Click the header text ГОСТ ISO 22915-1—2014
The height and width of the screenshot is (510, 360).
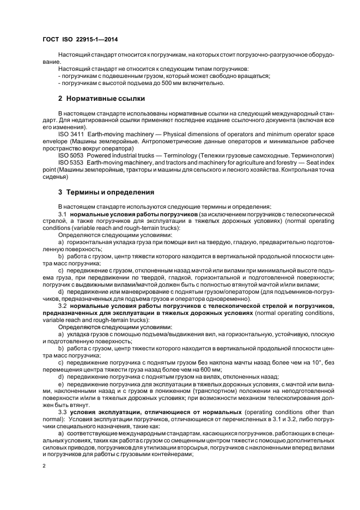click(80, 39)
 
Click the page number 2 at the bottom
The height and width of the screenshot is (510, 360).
click(45, 467)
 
